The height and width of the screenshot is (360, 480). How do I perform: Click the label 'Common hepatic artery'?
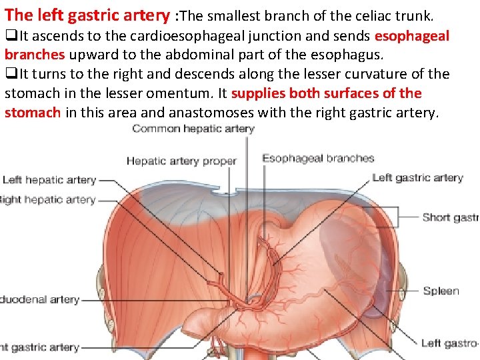pos(193,129)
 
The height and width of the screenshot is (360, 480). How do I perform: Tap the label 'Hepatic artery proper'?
pos(181,161)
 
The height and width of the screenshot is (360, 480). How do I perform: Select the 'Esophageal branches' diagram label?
pos(318,159)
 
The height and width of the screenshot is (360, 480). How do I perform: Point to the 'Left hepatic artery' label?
pos(49,180)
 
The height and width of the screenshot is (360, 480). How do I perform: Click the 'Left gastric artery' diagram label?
pos(417,178)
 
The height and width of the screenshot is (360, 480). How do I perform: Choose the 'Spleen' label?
pos(441,291)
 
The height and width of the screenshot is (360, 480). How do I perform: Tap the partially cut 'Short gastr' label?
pos(450,217)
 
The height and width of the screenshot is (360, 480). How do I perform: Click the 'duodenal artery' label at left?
pos(40,300)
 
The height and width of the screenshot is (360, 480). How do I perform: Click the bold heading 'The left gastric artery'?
pos(87,15)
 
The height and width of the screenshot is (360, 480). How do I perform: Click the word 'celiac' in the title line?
pos(377,15)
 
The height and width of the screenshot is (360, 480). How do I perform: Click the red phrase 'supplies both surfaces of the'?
pos(326,93)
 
